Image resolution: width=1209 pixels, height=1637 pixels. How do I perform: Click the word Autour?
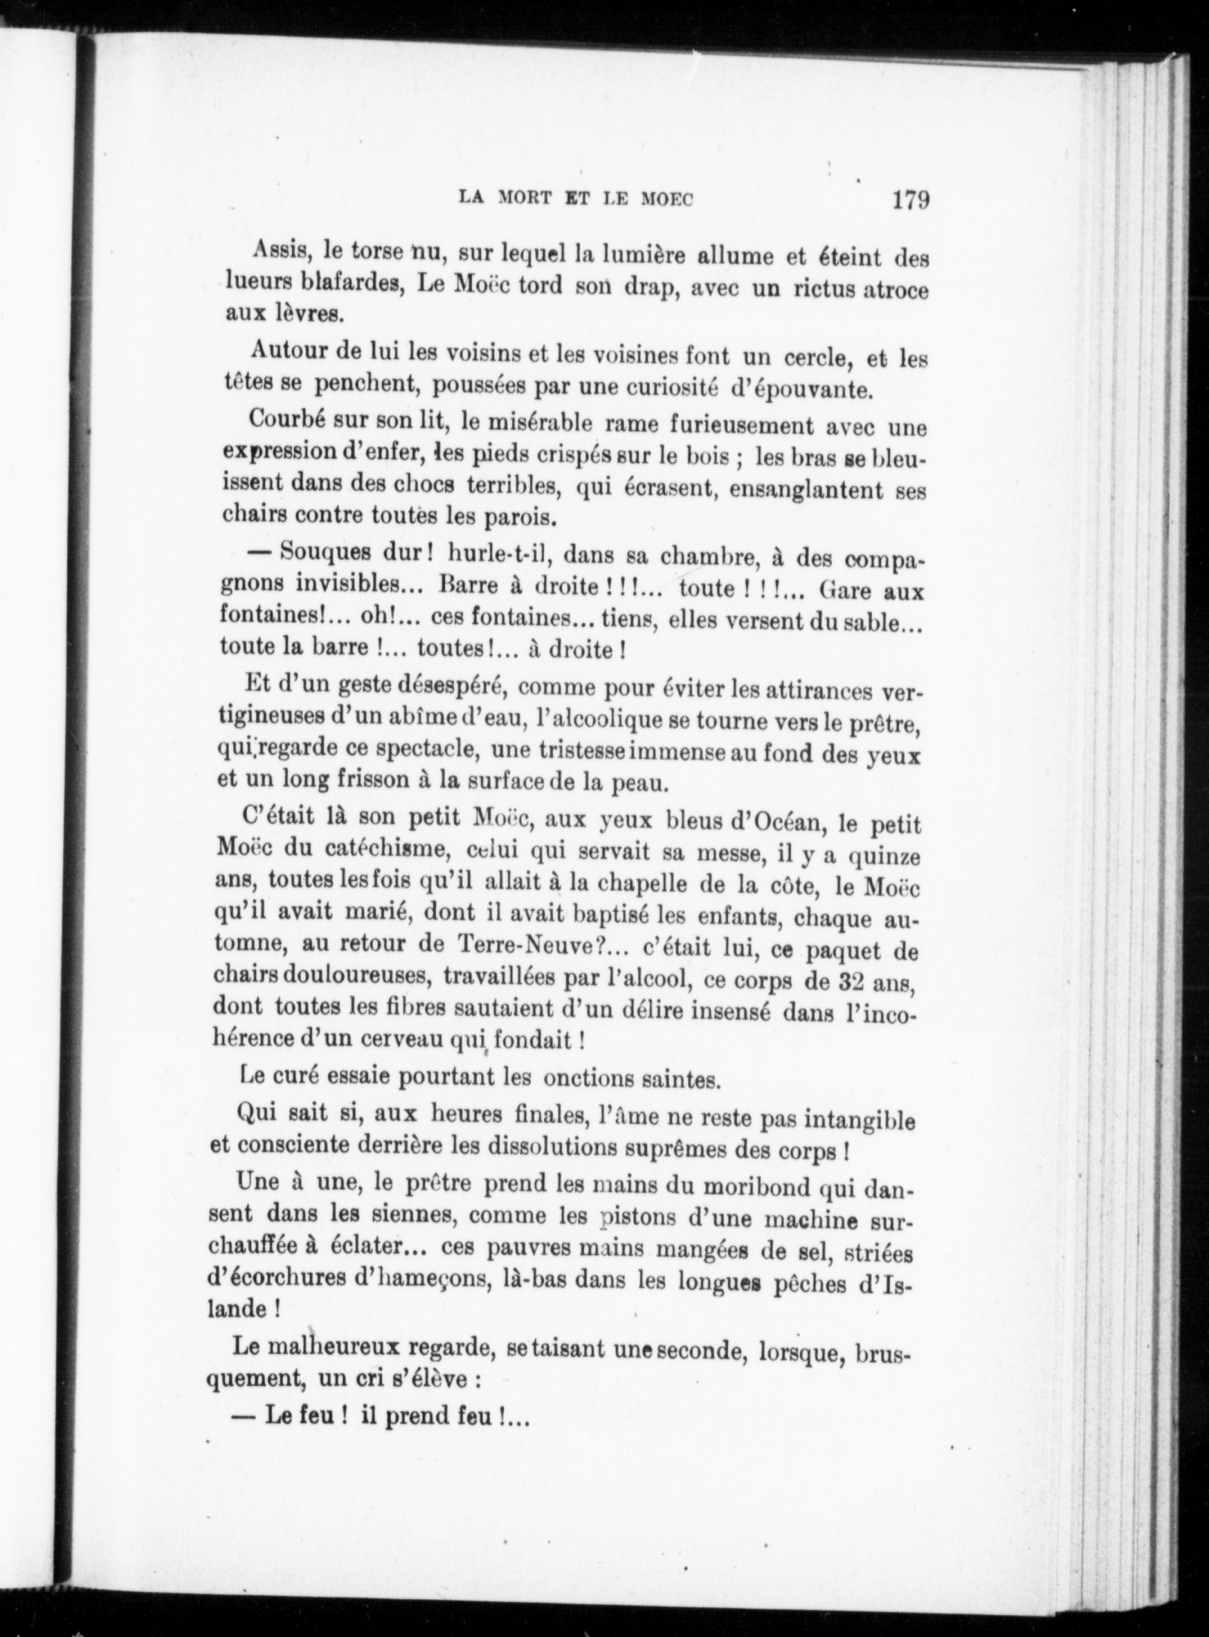coord(287,351)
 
